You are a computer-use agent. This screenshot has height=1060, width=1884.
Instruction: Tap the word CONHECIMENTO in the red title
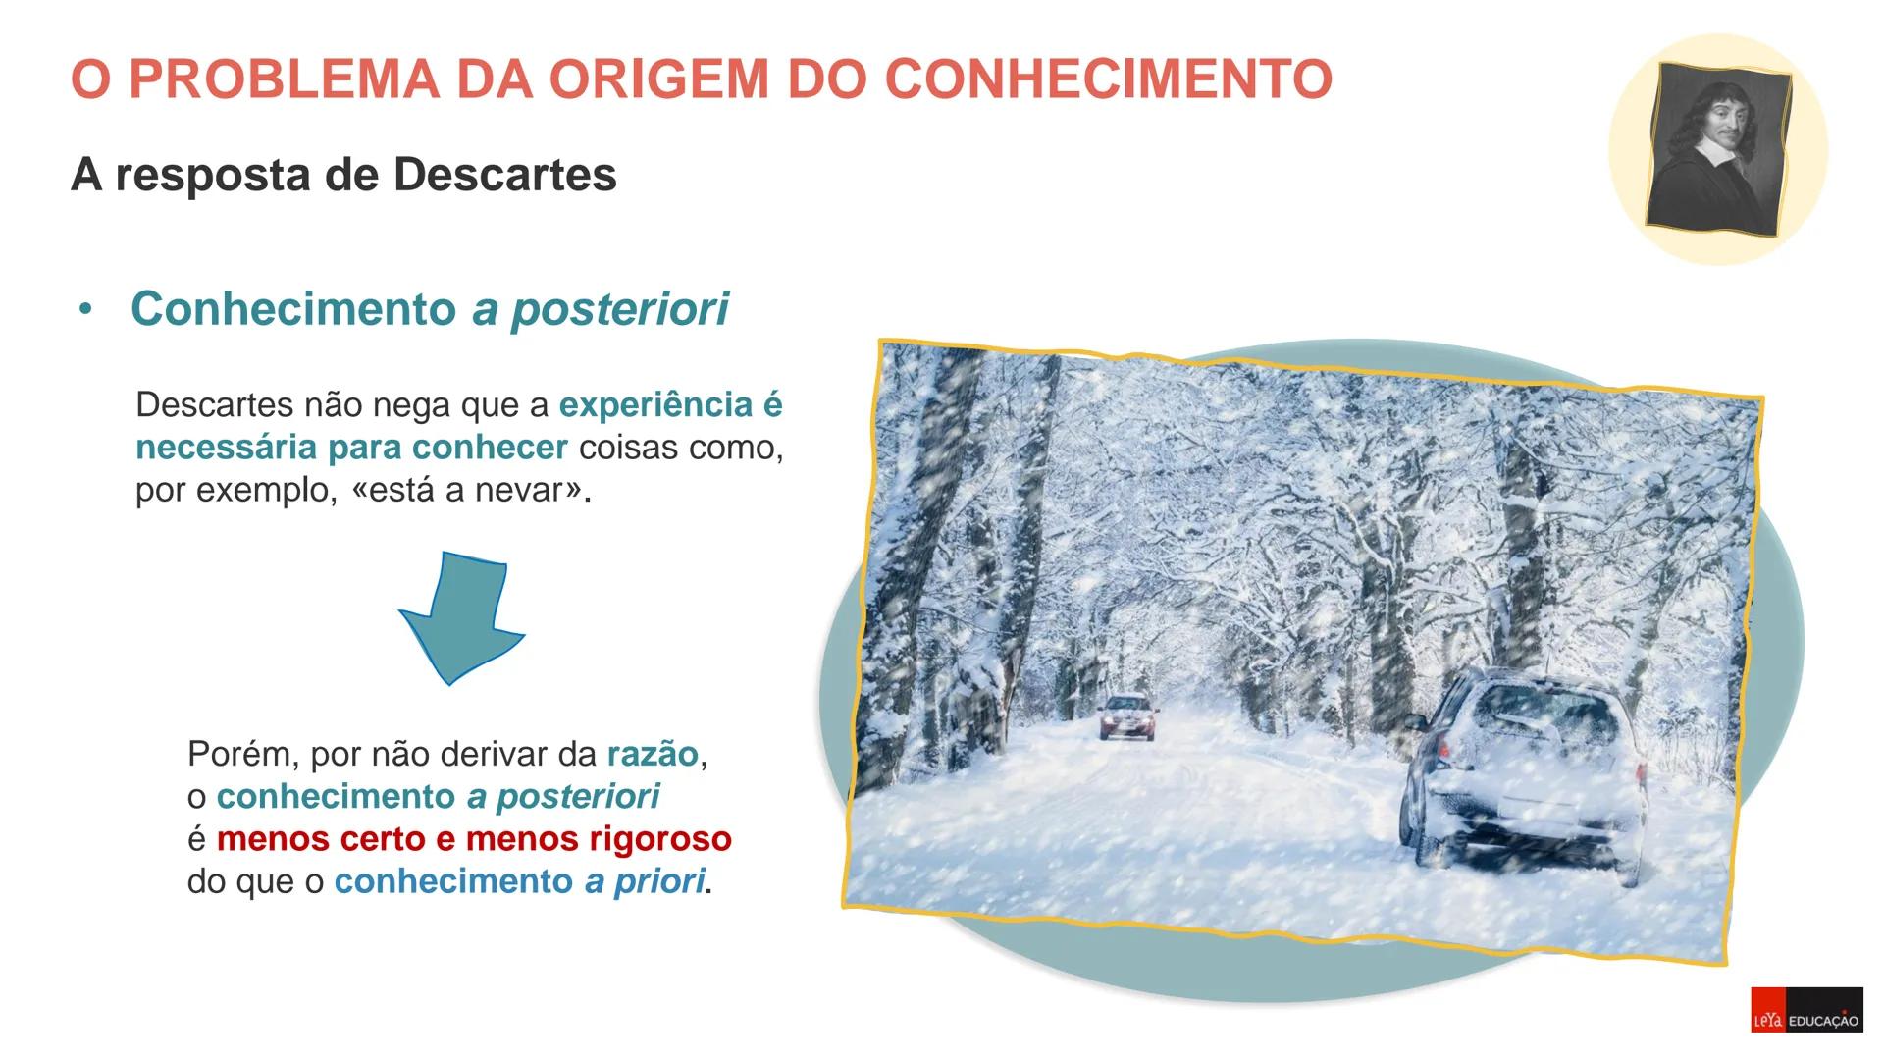coord(1108,79)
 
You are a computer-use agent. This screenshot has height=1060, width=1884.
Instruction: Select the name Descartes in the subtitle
coord(504,176)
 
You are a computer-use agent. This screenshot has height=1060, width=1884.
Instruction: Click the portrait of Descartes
coord(1718,150)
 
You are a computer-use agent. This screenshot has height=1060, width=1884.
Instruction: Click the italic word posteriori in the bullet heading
coord(619,309)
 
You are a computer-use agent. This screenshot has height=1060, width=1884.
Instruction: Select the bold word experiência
coord(654,404)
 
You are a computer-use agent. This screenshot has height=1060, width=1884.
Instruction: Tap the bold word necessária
coord(225,448)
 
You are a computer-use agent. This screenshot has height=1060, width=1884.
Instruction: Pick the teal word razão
coord(652,754)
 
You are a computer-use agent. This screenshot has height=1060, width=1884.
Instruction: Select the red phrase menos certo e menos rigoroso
coord(474,839)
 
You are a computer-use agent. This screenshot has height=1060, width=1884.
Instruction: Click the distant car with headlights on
coord(1128,716)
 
